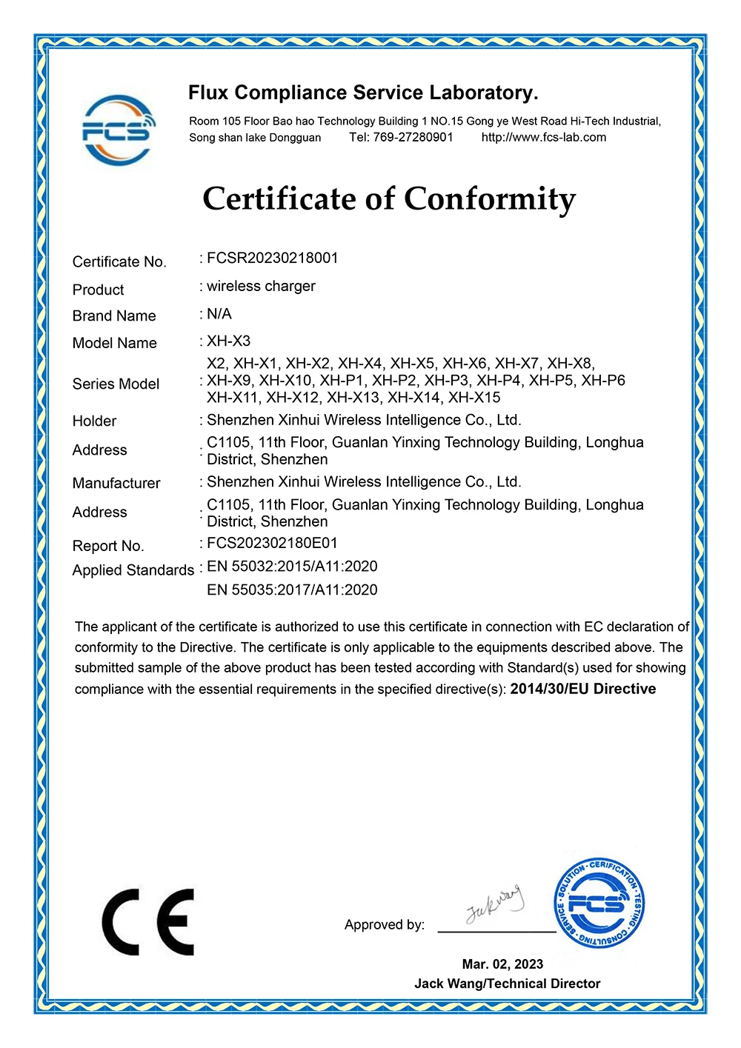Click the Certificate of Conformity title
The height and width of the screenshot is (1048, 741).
[389, 199]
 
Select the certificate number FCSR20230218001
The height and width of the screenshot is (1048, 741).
[272, 258]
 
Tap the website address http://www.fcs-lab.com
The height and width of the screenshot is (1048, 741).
[543, 137]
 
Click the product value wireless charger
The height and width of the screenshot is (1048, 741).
[261, 286]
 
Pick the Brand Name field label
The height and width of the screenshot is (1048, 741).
[114, 316]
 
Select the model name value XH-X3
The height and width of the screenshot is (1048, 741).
[228, 341]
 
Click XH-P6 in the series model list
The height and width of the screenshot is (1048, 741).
[603, 380]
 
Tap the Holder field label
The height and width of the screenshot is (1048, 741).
[94, 421]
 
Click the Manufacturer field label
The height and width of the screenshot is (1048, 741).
[116, 483]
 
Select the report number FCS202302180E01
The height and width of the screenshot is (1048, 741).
[272, 543]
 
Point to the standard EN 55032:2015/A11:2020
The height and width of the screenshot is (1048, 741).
[292, 567]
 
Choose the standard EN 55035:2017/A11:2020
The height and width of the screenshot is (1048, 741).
[292, 590]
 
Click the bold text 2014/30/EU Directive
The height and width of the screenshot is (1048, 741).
[583, 689]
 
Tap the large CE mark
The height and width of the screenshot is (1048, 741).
[148, 922]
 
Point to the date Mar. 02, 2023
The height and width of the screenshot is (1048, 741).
[502, 964]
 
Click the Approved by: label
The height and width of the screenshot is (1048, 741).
[384, 924]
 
